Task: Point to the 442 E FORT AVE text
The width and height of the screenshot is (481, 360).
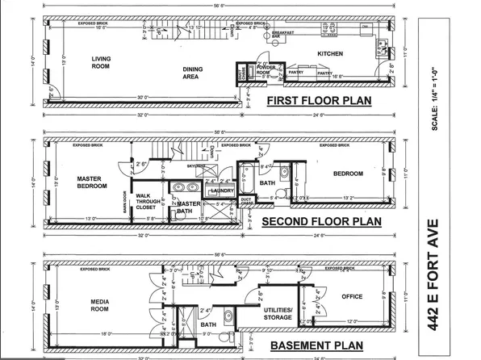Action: tap(458, 270)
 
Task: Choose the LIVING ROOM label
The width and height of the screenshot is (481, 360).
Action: tap(100, 62)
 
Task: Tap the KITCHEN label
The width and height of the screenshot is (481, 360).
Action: tap(331, 54)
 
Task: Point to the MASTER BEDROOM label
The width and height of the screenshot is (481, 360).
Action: tap(92, 182)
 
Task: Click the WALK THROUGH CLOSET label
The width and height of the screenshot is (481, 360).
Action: tap(145, 201)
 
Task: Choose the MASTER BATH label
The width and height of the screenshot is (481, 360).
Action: tap(189, 207)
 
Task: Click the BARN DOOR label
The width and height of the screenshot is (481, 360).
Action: tap(124, 200)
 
